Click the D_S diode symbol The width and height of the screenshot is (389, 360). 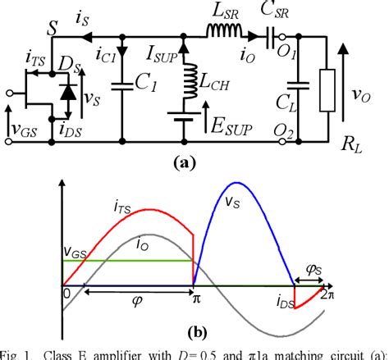point(64,89)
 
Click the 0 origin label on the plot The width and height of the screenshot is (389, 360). point(66,293)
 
